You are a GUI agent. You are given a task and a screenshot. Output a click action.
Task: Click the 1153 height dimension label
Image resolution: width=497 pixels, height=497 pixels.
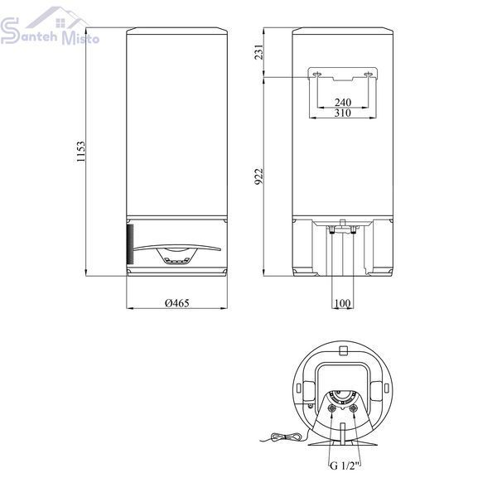coord(81,152)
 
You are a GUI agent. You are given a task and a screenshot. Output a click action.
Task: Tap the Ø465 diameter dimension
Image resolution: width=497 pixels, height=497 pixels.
coord(177,303)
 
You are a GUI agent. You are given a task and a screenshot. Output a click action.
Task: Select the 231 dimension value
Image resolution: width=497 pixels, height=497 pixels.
coord(259,51)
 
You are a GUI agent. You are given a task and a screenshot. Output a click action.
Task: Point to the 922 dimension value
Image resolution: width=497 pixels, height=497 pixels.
coord(259,176)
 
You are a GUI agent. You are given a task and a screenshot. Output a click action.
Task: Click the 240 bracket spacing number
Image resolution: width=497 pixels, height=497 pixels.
coord(343,102)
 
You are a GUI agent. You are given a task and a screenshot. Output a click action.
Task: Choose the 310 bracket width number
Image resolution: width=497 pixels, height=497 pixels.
coord(343,113)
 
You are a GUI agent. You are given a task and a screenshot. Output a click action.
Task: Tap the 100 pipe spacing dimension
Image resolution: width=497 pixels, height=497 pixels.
coord(342,303)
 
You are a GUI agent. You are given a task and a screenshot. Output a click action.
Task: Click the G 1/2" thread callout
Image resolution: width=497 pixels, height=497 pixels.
coord(345,466)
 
